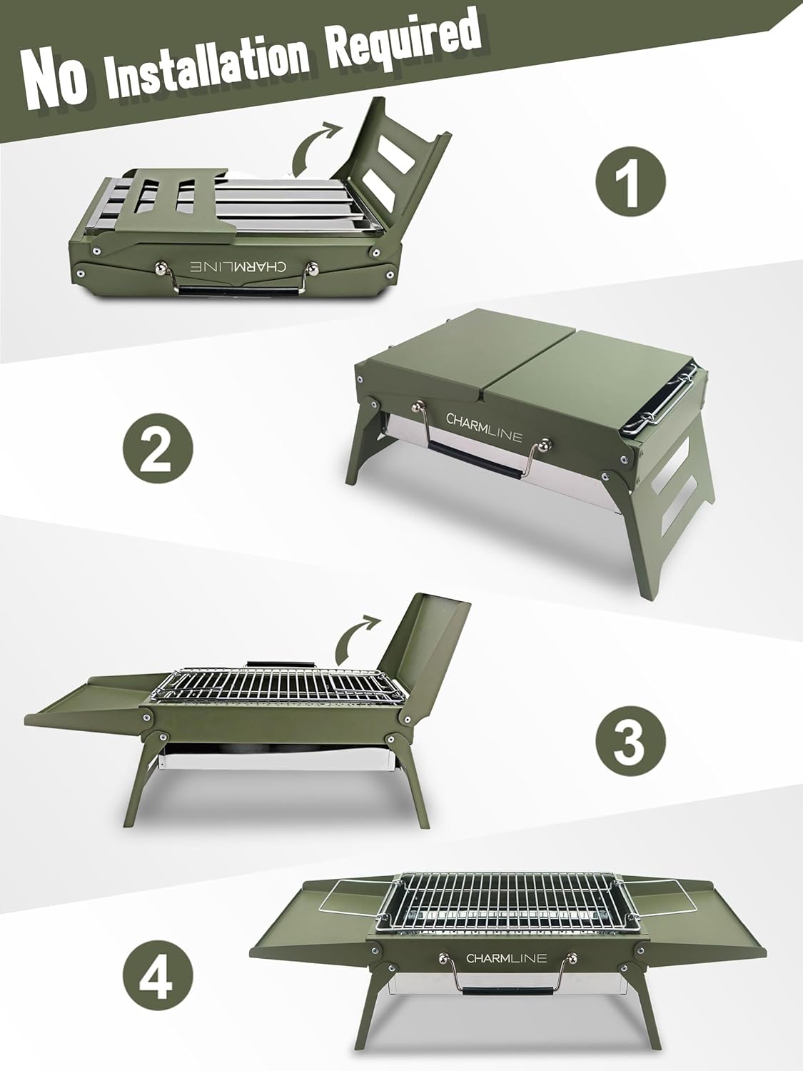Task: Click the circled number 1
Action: (x=630, y=179)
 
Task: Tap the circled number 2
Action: (x=157, y=453)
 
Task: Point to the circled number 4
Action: (x=157, y=974)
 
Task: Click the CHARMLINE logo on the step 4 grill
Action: (x=507, y=957)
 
